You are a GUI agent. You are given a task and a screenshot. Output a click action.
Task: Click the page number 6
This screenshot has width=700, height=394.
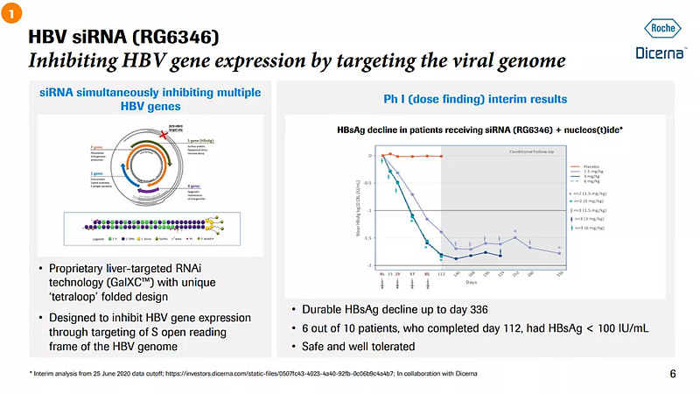672,375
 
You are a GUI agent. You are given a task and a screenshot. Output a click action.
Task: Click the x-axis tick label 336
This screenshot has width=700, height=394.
559,273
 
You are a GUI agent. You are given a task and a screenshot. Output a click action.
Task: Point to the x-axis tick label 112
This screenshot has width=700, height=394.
441,273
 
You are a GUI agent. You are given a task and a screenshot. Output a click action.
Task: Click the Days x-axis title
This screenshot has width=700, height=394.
472,283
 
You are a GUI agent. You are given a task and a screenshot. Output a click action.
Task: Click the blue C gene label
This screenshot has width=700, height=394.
94,175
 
